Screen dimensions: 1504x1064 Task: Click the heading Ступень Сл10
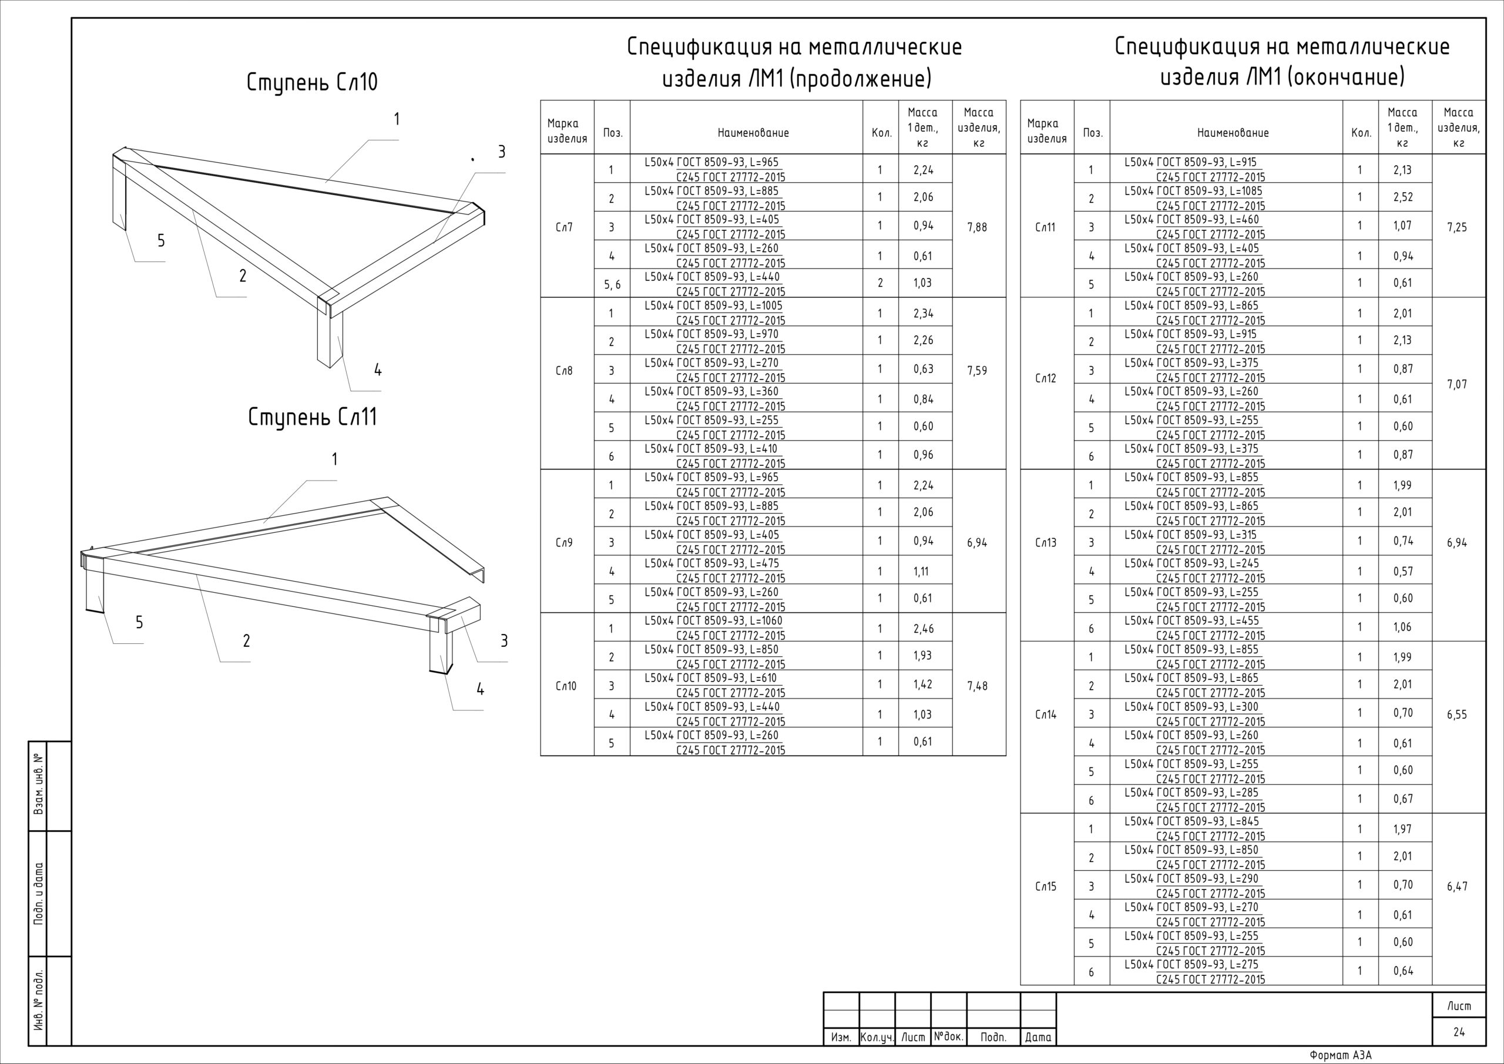(x=312, y=83)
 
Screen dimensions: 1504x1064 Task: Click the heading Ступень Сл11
(x=313, y=417)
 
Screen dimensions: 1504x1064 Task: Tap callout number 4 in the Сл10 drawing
(x=377, y=370)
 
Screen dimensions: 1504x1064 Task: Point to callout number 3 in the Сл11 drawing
(x=503, y=641)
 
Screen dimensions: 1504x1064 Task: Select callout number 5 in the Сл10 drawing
(x=161, y=240)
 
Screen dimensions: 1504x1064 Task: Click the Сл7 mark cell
(x=564, y=227)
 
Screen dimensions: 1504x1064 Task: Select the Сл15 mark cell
(x=1046, y=887)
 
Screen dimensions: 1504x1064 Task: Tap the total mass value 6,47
(x=1457, y=887)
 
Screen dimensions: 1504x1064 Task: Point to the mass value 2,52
(x=1402, y=197)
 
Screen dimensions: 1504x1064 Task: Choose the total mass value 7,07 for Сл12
(x=1457, y=385)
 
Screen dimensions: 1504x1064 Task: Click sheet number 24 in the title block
(x=1459, y=1032)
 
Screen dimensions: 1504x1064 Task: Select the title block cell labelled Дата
(x=1038, y=1037)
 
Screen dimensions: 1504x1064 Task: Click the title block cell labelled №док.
(x=948, y=1036)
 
